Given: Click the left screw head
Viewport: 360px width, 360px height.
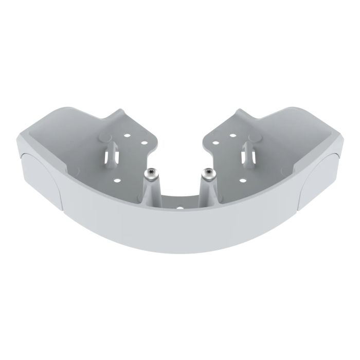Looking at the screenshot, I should (x=151, y=173).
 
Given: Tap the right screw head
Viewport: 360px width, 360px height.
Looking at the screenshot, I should (x=208, y=173).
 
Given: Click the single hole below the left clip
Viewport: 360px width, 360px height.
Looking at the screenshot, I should (x=117, y=180).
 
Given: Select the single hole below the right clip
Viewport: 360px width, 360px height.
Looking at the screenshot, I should (x=242, y=180).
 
